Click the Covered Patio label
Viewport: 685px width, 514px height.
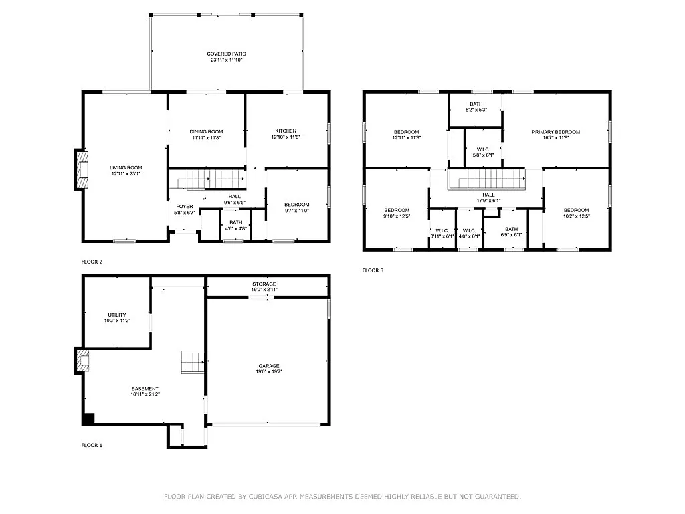tap(225, 54)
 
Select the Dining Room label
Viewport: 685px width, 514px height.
tap(206, 131)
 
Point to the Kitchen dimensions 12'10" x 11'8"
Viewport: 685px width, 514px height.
tap(286, 137)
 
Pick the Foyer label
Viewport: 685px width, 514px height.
tap(184, 207)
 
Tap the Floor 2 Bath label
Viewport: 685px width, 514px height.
tap(235, 222)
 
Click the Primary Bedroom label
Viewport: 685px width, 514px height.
tap(555, 132)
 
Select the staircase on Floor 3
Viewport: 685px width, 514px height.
tap(486, 179)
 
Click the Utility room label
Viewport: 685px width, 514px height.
tap(117, 315)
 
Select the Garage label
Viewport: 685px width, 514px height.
tap(269, 365)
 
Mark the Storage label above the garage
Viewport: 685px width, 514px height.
tap(264, 284)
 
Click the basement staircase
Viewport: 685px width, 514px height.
tap(192, 363)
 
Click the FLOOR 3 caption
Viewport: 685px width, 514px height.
tap(373, 270)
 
